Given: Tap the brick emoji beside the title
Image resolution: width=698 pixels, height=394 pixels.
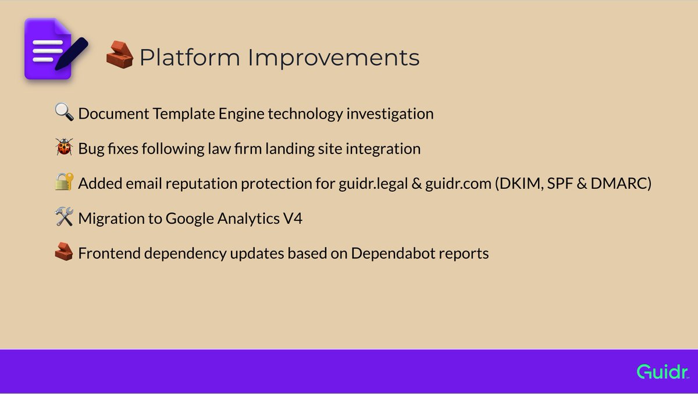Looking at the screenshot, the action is (120, 55).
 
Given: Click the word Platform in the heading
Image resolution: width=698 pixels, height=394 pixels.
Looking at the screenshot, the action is (190, 58).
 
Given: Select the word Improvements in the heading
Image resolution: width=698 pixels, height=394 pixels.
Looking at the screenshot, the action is (334, 58).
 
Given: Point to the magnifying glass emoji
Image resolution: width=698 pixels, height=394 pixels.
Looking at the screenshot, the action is (64, 112).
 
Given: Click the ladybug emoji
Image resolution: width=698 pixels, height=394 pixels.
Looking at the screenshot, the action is (64, 146).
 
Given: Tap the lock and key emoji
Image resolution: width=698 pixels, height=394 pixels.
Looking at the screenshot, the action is (64, 181).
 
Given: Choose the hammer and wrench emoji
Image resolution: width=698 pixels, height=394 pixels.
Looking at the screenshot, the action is (64, 216).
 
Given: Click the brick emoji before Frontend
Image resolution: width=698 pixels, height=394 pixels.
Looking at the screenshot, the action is (64, 252).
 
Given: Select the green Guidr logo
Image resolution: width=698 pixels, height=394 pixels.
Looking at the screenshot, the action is (663, 371).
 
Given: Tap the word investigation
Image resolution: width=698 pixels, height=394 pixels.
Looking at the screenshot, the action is (390, 114).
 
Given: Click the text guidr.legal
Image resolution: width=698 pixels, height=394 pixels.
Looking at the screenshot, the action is (373, 184).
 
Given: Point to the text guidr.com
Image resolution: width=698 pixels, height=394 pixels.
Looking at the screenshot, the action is (458, 183).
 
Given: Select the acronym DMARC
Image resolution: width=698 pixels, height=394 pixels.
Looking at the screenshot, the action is (621, 183).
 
